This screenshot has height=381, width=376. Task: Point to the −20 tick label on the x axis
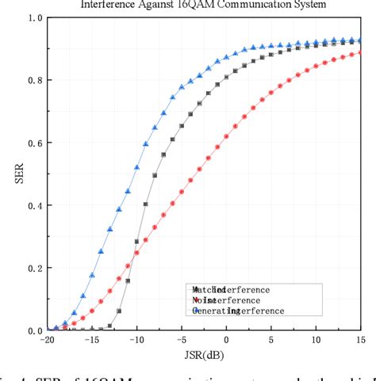click(48, 341)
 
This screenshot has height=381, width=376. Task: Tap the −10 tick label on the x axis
click(136, 341)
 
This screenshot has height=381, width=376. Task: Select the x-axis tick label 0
click(227, 341)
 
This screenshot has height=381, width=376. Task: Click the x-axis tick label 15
click(361, 341)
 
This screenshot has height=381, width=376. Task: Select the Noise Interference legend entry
click(226, 301)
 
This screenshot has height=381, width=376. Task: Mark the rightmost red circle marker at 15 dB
click(361, 52)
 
